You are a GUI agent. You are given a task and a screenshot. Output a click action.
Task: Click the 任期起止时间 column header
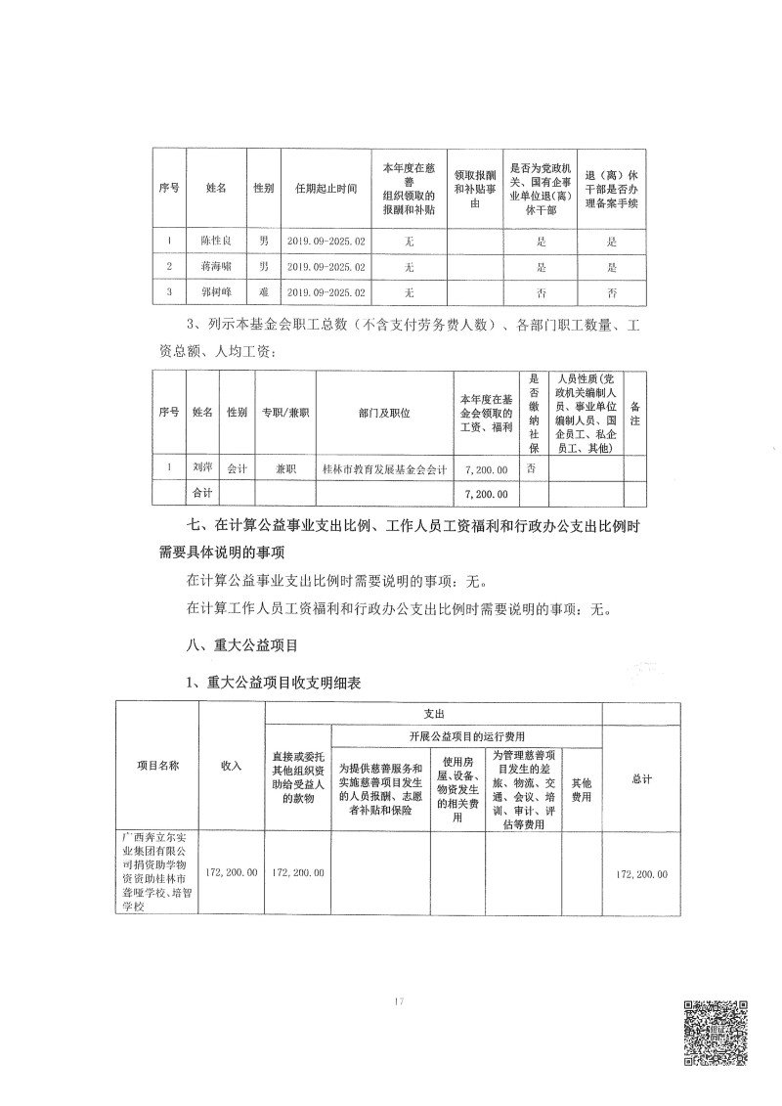coord(326,187)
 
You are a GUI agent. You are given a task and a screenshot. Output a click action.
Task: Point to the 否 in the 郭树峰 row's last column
coord(612,291)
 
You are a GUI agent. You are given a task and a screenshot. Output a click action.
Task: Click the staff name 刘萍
coord(202,468)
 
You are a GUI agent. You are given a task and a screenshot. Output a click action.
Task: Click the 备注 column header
coord(635,412)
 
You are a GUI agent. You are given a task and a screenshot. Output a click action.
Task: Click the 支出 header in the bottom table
coord(434,714)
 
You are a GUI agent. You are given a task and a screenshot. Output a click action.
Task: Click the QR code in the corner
coord(715,1033)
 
